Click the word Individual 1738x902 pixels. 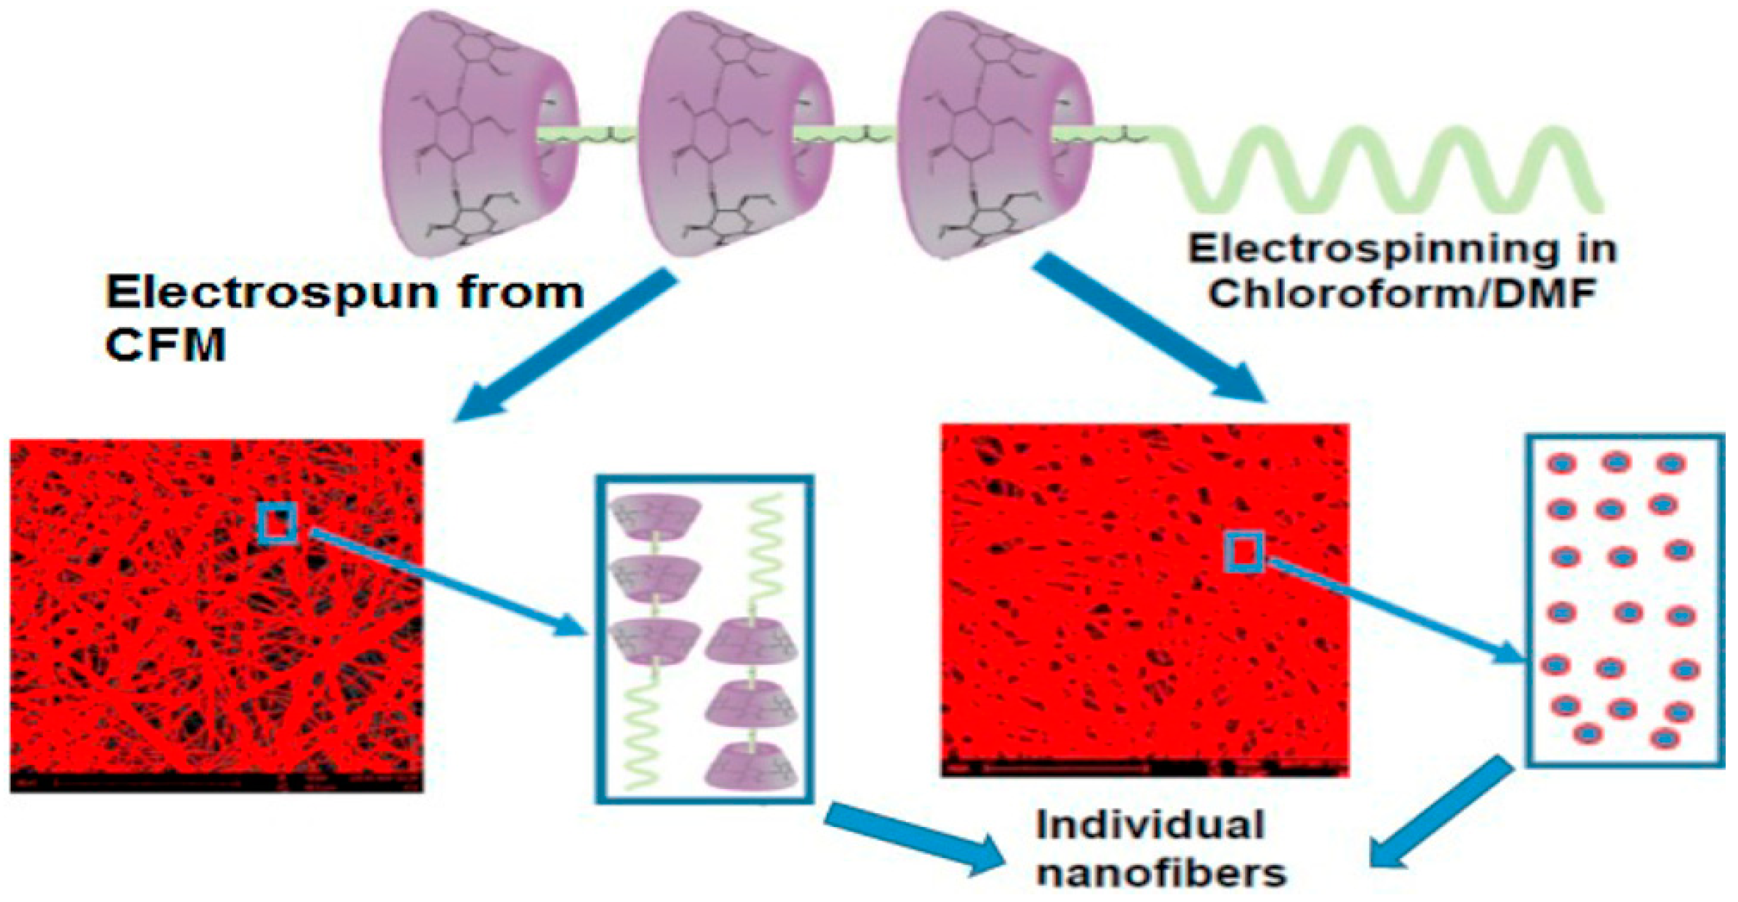click(x=1150, y=827)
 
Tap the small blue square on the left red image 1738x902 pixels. click(x=277, y=523)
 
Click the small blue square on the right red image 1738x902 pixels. click(x=1244, y=553)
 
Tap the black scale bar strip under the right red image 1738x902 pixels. click(x=1144, y=767)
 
